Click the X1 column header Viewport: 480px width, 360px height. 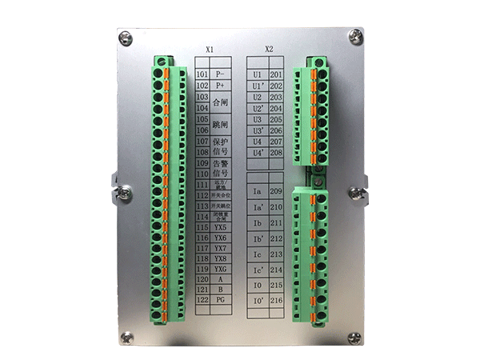point(210,50)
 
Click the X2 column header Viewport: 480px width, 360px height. point(269,50)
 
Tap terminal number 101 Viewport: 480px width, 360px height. point(202,74)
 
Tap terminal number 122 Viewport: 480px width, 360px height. point(202,298)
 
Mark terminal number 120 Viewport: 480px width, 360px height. point(202,278)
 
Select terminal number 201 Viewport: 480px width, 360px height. point(277,74)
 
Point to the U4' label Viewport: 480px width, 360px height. point(258,152)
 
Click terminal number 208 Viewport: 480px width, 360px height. point(277,152)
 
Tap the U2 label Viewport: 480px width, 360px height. point(258,97)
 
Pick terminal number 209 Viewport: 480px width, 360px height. point(277,192)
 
